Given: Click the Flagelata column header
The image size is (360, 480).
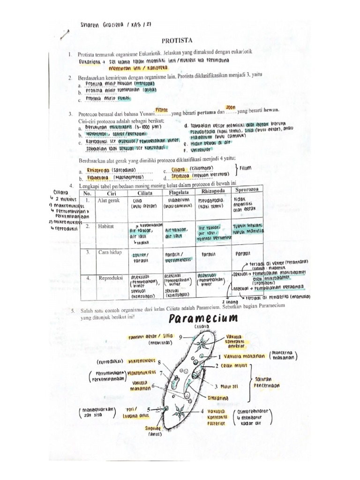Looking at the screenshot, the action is [x=176, y=191].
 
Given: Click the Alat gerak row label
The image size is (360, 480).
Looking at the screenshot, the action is [x=108, y=201].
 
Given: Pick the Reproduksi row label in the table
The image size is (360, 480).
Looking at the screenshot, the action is [x=111, y=277].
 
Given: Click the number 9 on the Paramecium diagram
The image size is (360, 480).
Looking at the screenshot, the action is [x=180, y=337].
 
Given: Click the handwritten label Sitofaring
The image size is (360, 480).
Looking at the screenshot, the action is [x=217, y=398].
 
